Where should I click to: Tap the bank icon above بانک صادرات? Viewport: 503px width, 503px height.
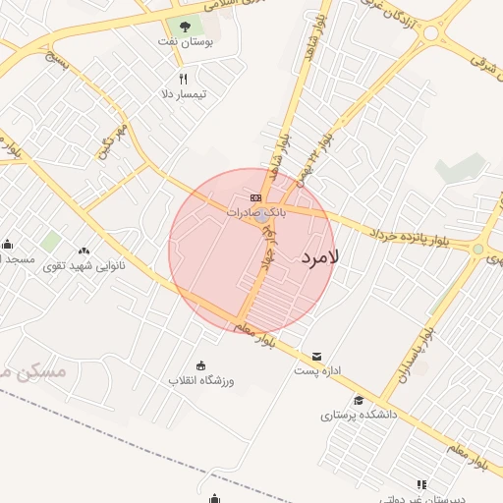[256, 197]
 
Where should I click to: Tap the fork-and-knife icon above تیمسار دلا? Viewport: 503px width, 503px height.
[182, 79]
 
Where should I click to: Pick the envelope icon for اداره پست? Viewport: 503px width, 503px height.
[316, 356]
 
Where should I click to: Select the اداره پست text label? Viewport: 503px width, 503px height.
[317, 371]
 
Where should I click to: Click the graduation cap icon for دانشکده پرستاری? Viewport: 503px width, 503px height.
[359, 400]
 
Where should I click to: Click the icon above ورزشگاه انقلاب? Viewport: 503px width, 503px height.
[201, 365]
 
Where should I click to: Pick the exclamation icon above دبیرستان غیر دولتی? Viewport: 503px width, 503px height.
[421, 484]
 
